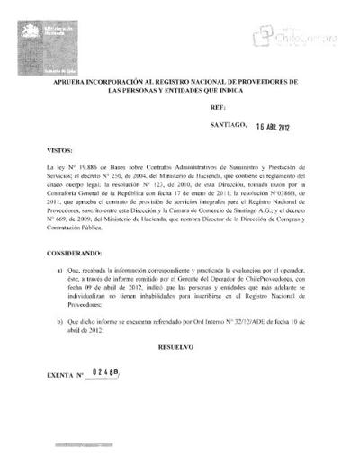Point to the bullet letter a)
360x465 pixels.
(60, 269)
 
